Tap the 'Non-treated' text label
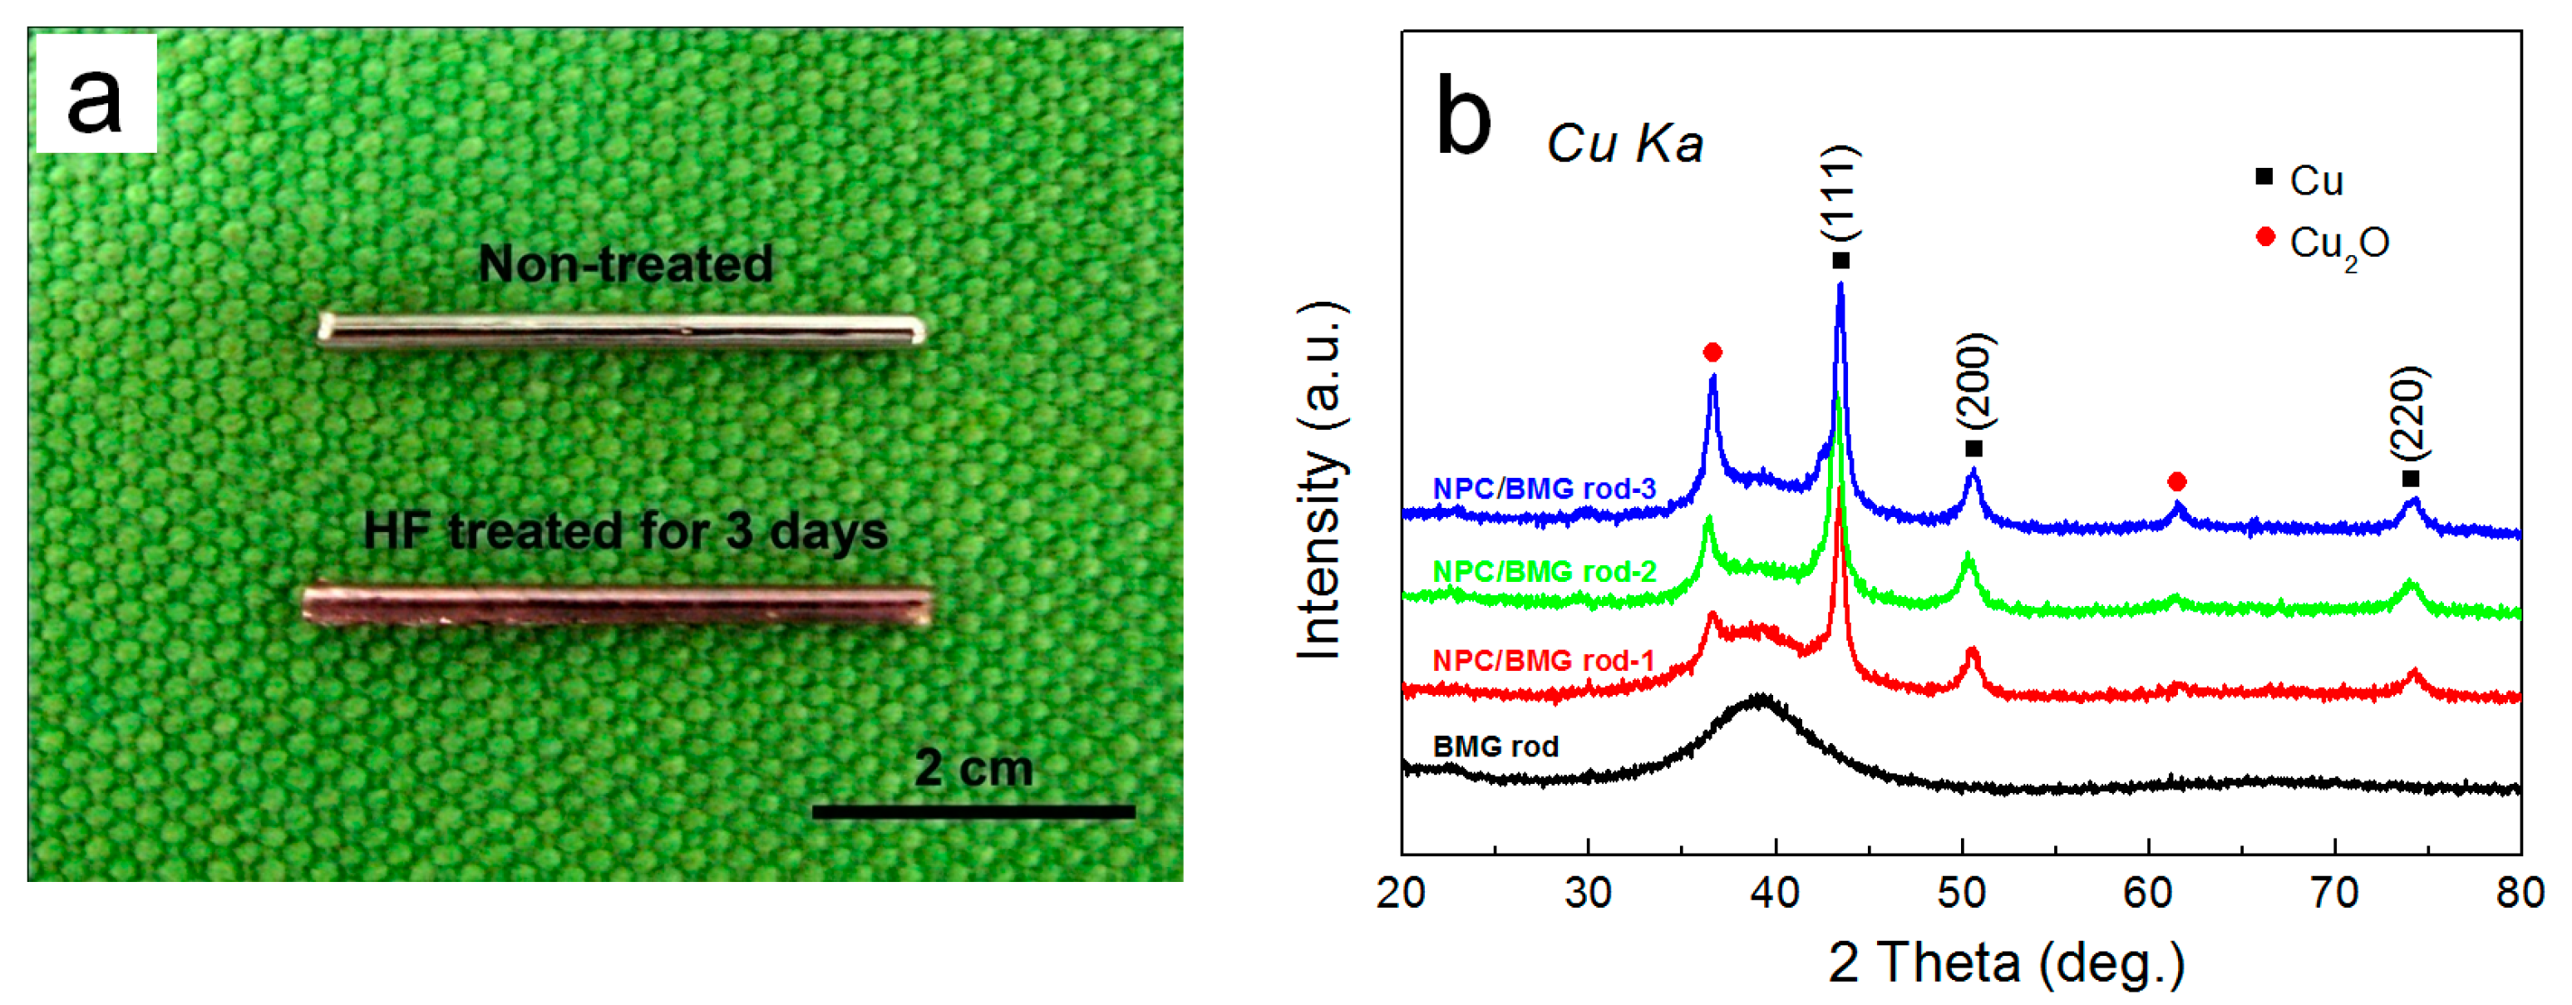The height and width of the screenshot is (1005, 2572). pos(625,264)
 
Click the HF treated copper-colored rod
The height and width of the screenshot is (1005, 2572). pos(617,605)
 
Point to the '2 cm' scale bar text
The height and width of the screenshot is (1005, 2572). pos(973,767)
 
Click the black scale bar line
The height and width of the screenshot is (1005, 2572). pos(973,811)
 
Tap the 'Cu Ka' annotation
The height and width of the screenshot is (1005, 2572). pos(1624,144)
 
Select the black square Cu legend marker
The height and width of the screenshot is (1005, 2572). pos(2264,178)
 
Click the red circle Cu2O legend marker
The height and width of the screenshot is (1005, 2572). pos(2264,238)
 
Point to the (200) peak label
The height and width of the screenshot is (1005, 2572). pos(1974,382)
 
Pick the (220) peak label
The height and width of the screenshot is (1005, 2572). pos(2409,413)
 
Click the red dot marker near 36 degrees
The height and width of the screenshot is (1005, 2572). pos(1712,352)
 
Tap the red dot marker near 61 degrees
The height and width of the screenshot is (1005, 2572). pos(2178,482)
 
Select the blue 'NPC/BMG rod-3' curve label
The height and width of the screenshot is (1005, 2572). pos(1544,489)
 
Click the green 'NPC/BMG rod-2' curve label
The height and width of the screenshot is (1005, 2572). pos(1544,572)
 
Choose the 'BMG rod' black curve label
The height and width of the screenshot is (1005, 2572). pos(1495,746)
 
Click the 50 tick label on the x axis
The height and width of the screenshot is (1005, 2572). pos(1962,892)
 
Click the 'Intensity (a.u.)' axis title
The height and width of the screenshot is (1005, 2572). pos(1320,480)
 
